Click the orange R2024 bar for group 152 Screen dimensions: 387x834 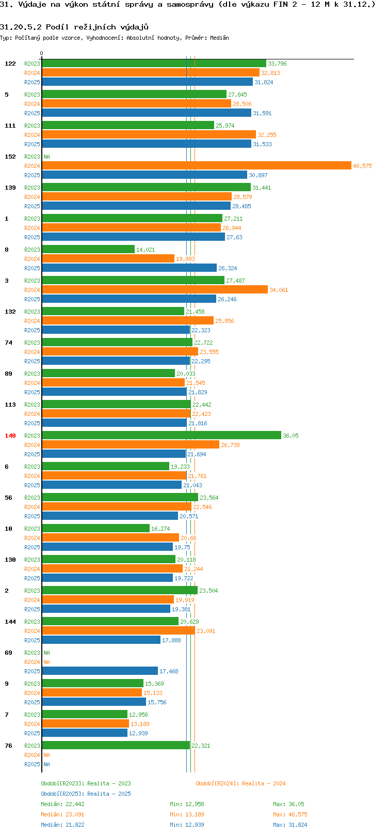197,166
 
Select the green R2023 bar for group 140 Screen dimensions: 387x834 162,435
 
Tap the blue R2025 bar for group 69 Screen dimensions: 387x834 100,671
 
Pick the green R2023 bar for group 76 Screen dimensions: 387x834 116,746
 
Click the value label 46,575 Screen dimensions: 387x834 362,166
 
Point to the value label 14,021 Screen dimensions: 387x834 146,250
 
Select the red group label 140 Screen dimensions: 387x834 10,436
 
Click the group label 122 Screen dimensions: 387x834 10,64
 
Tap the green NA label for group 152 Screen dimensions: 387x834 46,157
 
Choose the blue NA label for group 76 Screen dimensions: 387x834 46,764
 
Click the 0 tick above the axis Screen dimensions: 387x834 41,53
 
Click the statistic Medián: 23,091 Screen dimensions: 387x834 62,815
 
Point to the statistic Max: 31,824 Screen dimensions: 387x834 290,825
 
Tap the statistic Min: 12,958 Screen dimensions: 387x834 187,804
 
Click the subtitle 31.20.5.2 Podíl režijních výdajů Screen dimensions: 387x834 74,27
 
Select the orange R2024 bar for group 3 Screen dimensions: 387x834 155,290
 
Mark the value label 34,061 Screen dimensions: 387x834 279,290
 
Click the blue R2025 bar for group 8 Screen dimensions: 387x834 130,268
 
